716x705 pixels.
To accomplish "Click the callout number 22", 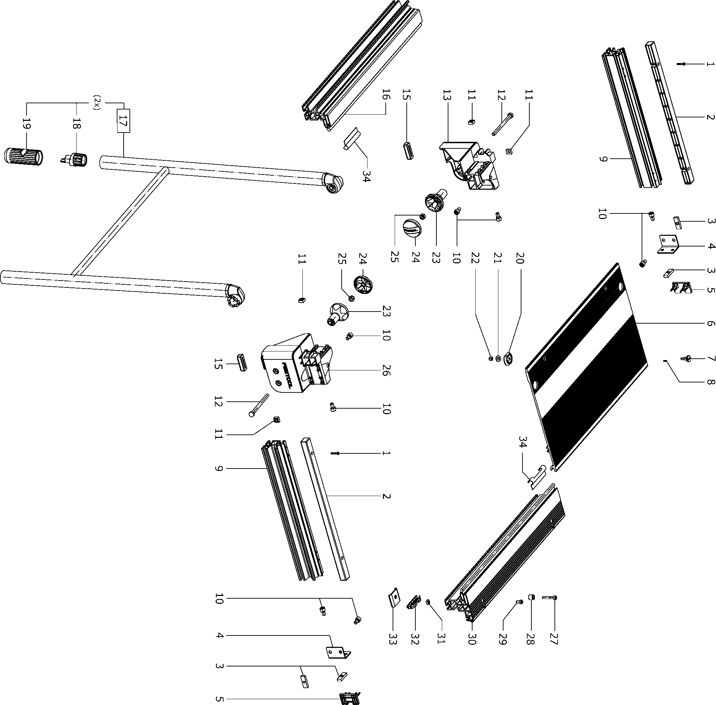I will click(x=475, y=258).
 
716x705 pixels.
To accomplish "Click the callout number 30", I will click(x=471, y=638).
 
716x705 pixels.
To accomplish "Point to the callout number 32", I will click(x=415, y=638).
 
